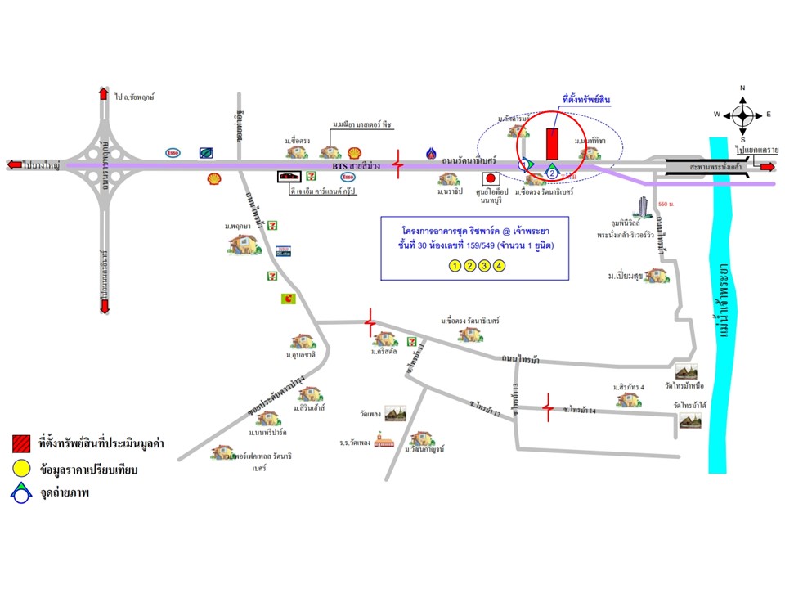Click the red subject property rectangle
(x=553, y=144)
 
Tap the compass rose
(x=743, y=114)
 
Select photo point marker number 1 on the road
(x=525, y=164)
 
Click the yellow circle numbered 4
(x=500, y=265)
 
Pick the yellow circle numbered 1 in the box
(x=455, y=265)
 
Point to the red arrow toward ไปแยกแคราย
(x=768, y=167)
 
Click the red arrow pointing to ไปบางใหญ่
(x=14, y=165)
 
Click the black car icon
(x=289, y=176)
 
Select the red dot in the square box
(x=491, y=178)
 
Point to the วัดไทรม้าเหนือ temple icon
(x=687, y=373)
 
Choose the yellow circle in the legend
(x=22, y=470)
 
